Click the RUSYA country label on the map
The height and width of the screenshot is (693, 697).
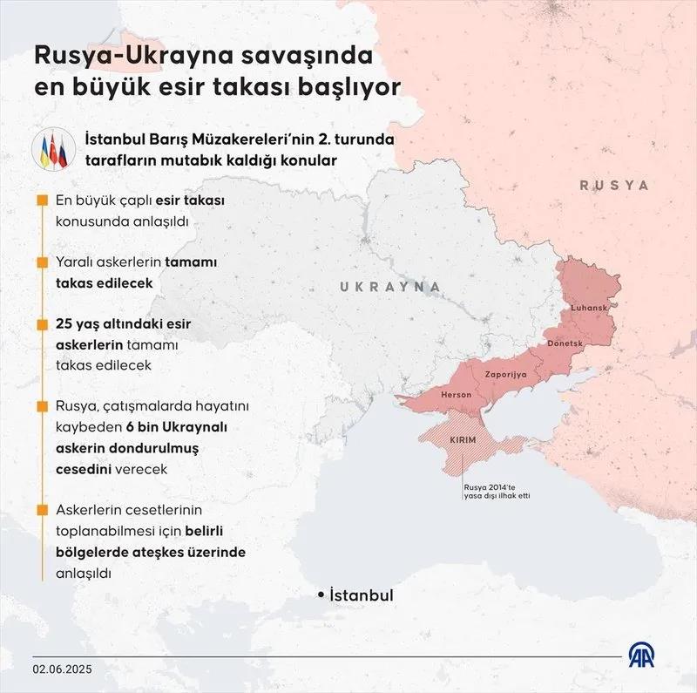(614, 186)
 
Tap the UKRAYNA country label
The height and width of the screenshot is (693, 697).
(389, 287)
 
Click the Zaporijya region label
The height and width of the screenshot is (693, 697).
(505, 372)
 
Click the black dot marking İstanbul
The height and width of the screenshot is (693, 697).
(321, 594)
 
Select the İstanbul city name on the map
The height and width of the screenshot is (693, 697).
(362, 594)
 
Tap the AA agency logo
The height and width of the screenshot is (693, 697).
(646, 657)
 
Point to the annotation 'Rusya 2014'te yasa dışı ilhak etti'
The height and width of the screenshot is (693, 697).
(497, 491)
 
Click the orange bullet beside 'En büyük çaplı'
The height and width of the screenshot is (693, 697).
(42, 200)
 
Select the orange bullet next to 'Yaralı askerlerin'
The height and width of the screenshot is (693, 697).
(42, 262)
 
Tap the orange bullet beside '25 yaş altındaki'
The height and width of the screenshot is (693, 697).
(42, 324)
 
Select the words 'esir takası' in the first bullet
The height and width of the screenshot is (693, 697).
(190, 200)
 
